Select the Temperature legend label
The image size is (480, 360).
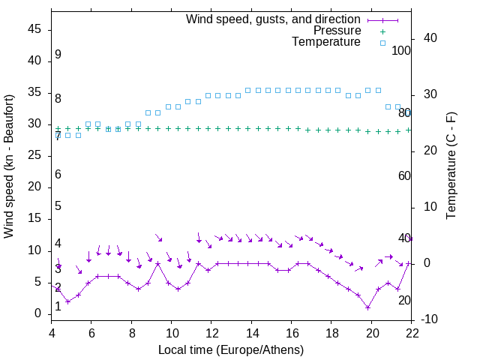326,42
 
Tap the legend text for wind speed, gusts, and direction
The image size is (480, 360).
274,19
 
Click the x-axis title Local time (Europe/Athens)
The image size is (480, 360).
231,349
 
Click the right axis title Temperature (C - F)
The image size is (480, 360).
451,165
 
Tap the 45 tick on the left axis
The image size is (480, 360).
35,29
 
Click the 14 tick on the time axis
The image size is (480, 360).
252,334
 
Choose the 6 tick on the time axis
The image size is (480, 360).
91,334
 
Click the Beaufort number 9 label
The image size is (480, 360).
58,55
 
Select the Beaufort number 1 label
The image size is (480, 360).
58,307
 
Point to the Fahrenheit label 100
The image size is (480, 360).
401,50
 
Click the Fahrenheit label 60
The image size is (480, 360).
404,175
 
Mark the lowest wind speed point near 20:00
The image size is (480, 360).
367,307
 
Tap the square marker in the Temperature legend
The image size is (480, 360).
382,43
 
